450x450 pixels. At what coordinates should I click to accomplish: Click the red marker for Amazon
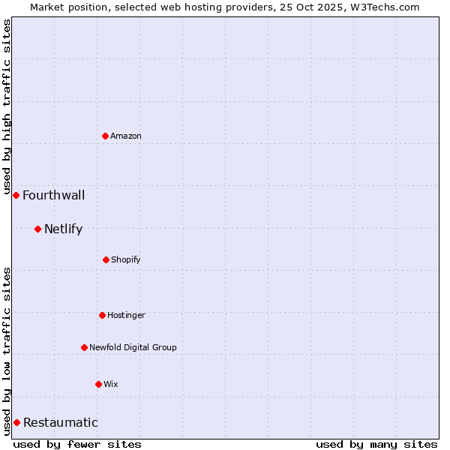[106, 136]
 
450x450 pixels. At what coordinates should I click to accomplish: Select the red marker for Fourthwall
[16, 195]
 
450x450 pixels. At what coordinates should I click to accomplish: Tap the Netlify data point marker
[37, 229]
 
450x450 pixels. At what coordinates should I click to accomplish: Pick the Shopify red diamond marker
[106, 259]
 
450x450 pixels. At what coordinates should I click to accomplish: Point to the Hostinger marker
[102, 315]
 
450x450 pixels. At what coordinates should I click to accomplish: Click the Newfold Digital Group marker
[84, 347]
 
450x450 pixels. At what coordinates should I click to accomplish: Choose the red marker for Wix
[98, 384]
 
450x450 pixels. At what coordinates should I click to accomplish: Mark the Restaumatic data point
[16, 422]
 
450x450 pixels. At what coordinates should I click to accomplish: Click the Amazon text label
[126, 136]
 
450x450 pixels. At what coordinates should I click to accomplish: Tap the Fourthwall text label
[53, 196]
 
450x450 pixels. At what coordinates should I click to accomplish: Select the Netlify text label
[63, 229]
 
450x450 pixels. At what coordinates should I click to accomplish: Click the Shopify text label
[126, 259]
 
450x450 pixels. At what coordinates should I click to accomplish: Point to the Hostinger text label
[126, 315]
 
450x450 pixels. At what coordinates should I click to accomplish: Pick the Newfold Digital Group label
[133, 347]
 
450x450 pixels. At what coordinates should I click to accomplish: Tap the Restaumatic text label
[60, 423]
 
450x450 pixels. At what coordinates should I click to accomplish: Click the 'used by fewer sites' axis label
[77, 444]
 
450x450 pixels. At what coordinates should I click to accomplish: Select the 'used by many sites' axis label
[376, 444]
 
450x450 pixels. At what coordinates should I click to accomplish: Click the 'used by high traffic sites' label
[7, 107]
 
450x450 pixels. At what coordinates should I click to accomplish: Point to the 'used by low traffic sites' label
[7, 351]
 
